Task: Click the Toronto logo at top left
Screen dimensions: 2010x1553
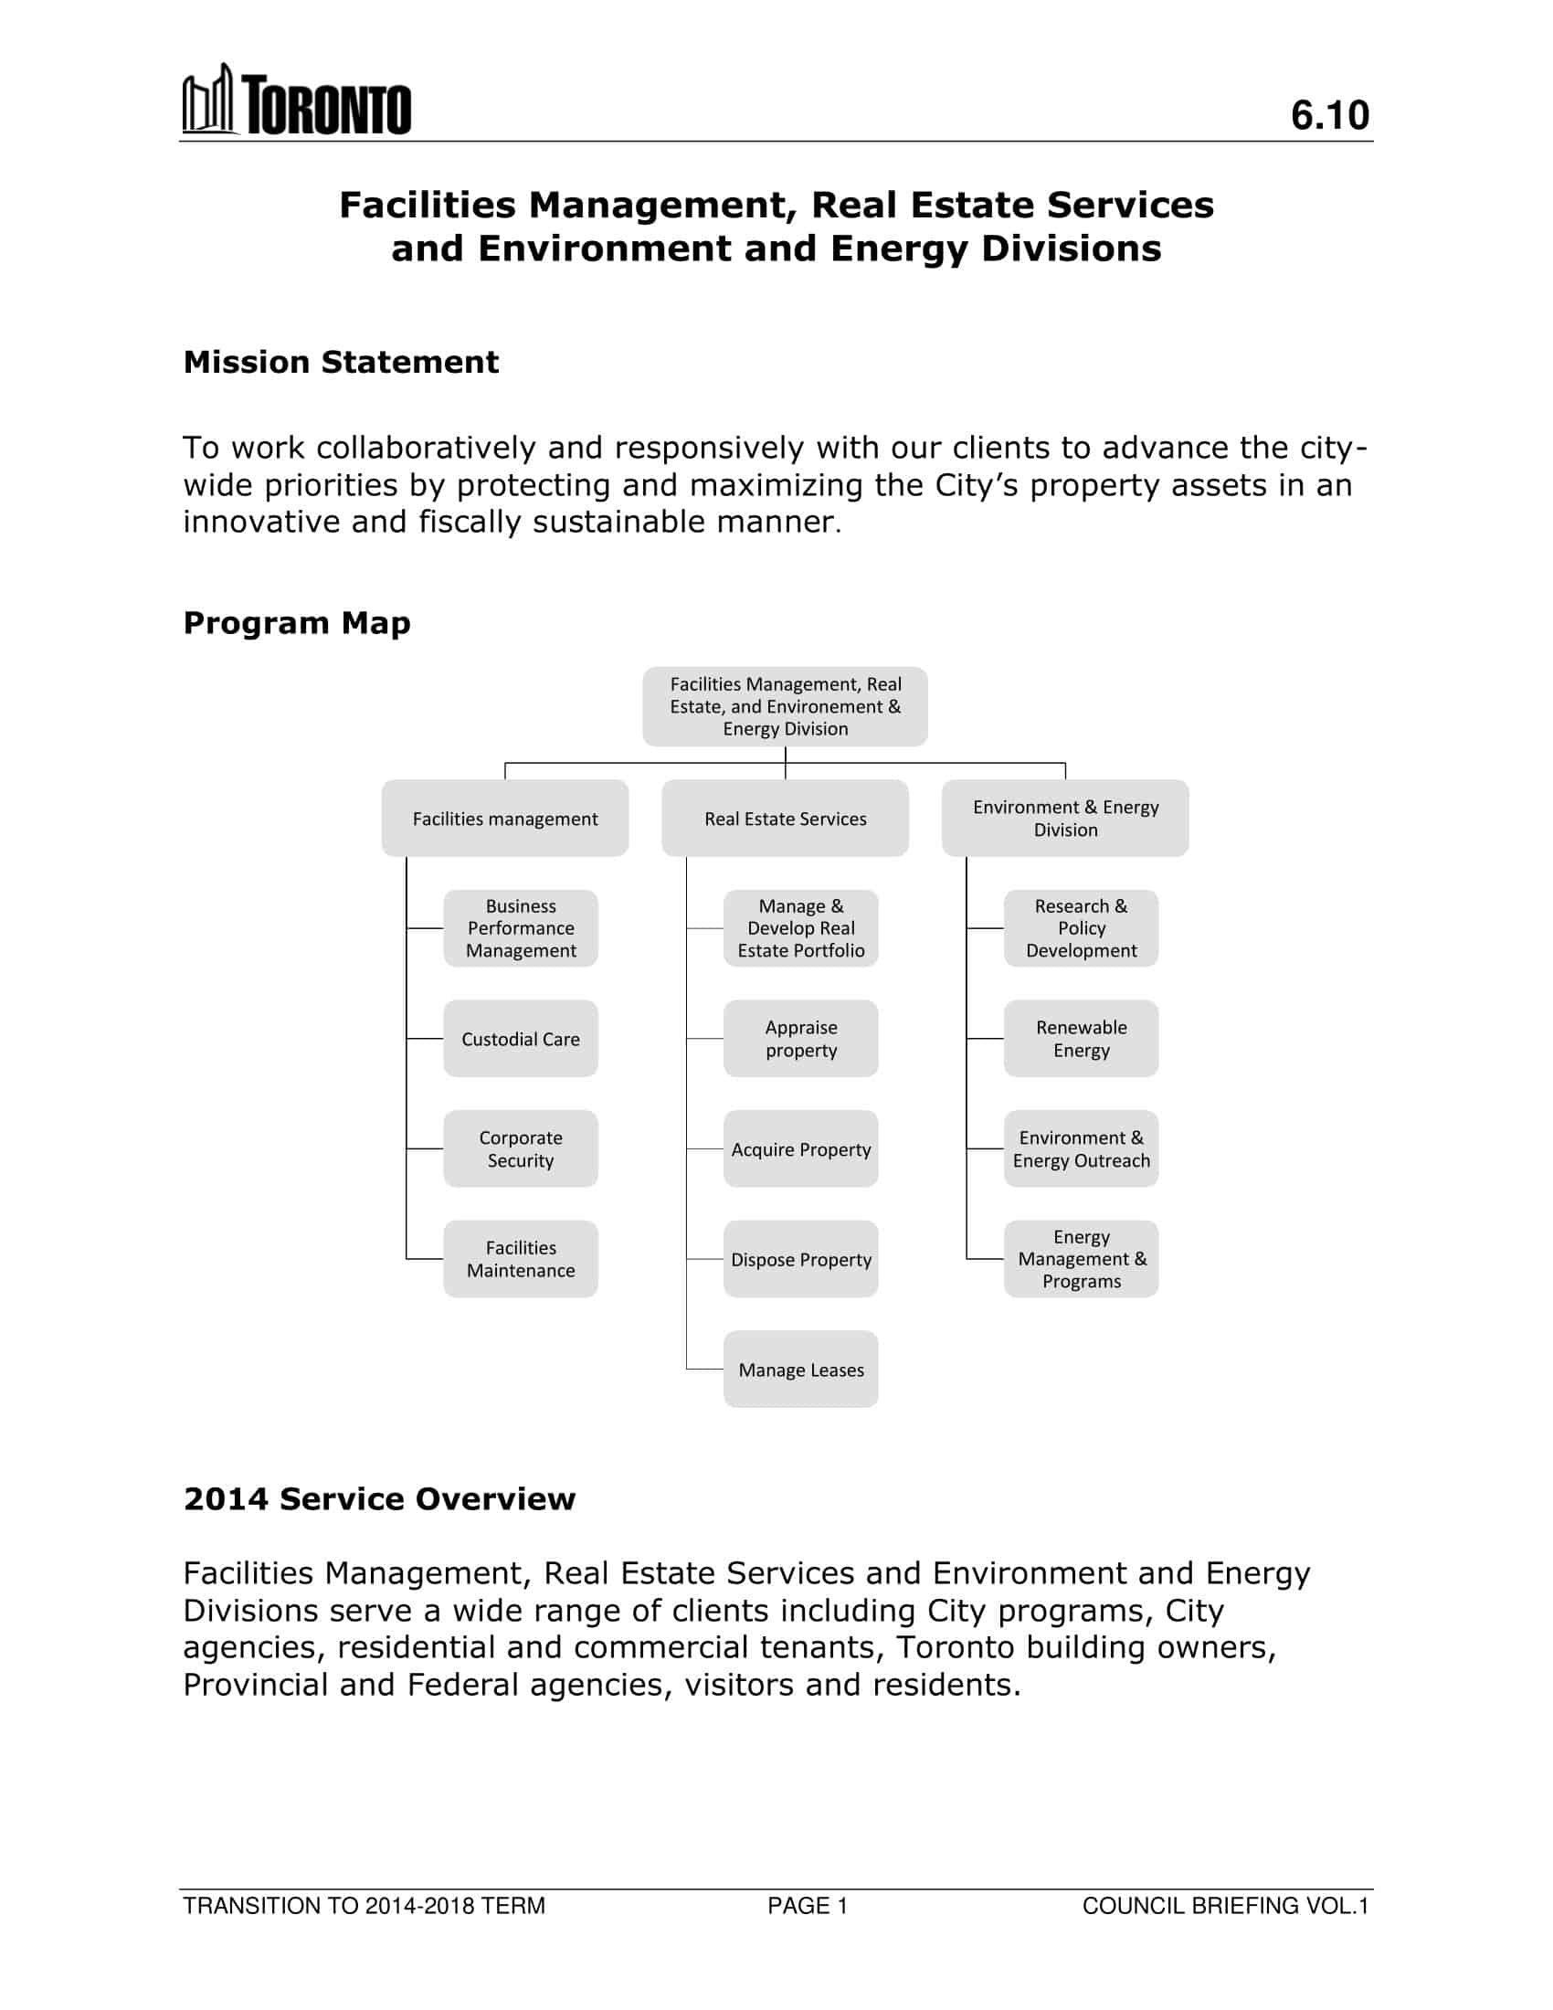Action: tap(296, 101)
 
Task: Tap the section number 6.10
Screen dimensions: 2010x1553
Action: tap(1329, 115)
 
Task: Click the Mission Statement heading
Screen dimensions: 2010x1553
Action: tap(341, 363)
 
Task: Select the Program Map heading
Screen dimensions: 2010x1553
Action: tap(296, 623)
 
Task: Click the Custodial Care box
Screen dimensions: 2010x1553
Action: tap(521, 1039)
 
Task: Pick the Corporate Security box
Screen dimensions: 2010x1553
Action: tap(521, 1148)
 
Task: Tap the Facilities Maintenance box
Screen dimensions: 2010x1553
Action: tap(521, 1259)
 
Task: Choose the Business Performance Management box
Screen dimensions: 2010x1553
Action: tap(521, 927)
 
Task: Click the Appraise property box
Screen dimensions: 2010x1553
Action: tap(800, 1039)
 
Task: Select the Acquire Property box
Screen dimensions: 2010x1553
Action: tap(800, 1148)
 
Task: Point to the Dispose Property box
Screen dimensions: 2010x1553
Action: tap(800, 1259)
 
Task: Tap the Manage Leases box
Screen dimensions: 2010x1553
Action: tap(800, 1370)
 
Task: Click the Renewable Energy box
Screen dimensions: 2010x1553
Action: tap(1081, 1039)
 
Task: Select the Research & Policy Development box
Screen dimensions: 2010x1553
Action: tap(1081, 927)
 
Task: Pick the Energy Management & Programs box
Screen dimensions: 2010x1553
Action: tap(1081, 1259)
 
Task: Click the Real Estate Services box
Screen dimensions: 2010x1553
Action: tap(785, 819)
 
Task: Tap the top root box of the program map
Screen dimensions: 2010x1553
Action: tap(785, 706)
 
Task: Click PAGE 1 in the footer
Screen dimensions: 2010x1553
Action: tap(808, 1906)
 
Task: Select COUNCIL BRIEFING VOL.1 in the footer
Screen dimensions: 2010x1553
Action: tap(1225, 1906)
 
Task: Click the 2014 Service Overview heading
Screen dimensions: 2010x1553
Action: tap(379, 1499)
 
